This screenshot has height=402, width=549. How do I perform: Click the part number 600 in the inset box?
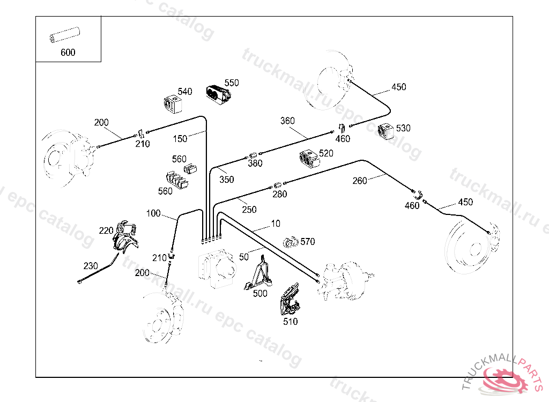point(68,53)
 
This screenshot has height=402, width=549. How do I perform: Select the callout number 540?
point(185,92)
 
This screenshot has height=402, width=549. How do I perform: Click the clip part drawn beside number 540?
point(172,104)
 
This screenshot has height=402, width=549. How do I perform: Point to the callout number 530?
point(403,128)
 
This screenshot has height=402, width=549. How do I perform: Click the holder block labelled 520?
point(309,158)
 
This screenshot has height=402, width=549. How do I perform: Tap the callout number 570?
point(308,242)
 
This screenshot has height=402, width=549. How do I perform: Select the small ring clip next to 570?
point(291,242)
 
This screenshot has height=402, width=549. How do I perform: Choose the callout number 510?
point(290,322)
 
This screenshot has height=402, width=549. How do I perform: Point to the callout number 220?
point(106,231)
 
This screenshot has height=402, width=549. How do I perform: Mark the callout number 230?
point(91,265)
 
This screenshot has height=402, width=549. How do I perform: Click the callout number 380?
point(255,164)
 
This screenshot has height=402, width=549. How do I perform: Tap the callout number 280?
point(279,194)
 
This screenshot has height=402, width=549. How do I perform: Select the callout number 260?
point(360,181)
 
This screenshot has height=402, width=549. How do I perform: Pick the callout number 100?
point(153,213)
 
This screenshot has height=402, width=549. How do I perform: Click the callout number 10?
point(276,223)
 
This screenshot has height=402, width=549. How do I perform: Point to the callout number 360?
point(287,121)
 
